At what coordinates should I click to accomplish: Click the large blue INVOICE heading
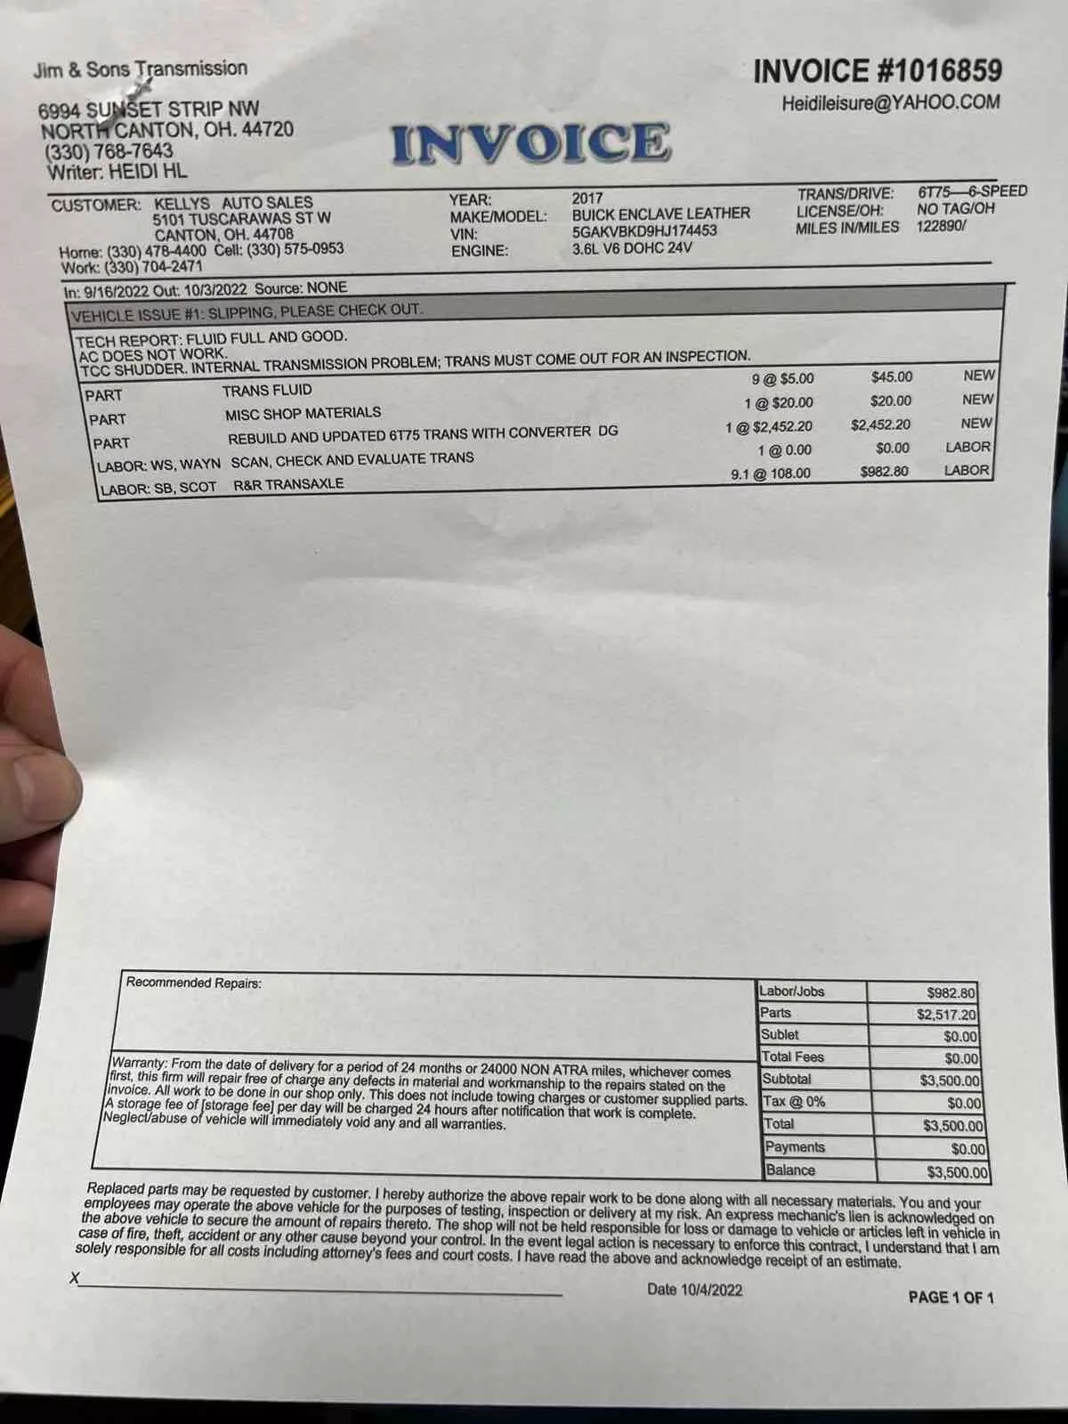click(x=530, y=143)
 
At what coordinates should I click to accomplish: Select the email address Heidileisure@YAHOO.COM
click(x=890, y=102)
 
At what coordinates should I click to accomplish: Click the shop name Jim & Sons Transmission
click(x=141, y=69)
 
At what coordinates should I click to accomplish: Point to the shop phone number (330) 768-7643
click(x=109, y=151)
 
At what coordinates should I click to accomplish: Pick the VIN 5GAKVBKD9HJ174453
click(x=644, y=231)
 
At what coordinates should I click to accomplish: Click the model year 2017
click(x=587, y=198)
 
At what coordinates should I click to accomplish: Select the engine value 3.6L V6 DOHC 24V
click(x=632, y=248)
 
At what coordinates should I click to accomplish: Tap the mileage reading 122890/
click(x=942, y=225)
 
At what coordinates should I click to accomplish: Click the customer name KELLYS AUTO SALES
click(x=233, y=203)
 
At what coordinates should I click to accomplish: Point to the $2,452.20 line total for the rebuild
click(x=880, y=425)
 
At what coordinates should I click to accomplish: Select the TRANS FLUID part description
click(x=267, y=390)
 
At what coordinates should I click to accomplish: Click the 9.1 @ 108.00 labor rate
click(x=771, y=473)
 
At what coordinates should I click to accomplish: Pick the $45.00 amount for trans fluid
click(x=891, y=377)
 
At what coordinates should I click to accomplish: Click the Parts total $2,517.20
click(x=946, y=1014)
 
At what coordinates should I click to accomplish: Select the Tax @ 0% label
click(x=794, y=1102)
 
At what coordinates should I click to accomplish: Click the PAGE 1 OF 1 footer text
click(x=951, y=1298)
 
